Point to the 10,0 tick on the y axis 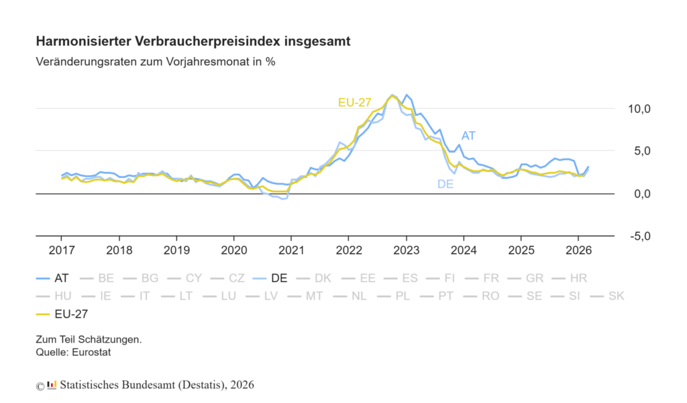coord(638,109)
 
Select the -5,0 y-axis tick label coord(638,236)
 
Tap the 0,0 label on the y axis coord(638,194)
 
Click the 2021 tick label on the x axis coord(290,251)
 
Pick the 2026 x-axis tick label coord(577,251)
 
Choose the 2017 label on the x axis coord(61,251)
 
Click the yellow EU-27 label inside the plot coord(354,102)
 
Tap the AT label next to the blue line coord(468,136)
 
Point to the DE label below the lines coord(445,183)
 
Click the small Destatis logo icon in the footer coord(52,385)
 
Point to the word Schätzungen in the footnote coord(113,340)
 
